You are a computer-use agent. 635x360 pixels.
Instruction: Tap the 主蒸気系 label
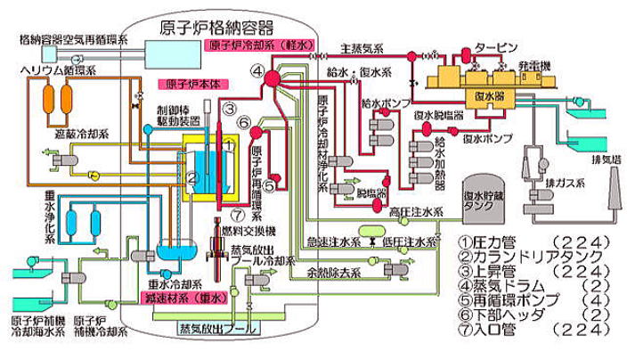pyautogui.click(x=360, y=49)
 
